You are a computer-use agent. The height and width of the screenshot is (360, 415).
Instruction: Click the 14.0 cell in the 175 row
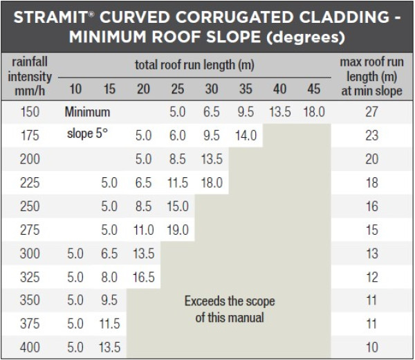[x=246, y=136]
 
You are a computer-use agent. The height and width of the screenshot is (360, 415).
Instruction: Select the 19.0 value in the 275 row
[x=178, y=230]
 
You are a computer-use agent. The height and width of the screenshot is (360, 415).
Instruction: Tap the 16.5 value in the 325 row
[x=143, y=277]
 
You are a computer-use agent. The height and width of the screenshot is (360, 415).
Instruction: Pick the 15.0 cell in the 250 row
[x=178, y=206]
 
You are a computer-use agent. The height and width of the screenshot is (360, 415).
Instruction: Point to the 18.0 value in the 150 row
[x=313, y=112]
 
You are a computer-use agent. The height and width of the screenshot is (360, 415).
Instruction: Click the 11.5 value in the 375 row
[x=109, y=324]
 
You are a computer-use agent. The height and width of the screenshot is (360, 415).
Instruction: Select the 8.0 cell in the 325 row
[x=109, y=277]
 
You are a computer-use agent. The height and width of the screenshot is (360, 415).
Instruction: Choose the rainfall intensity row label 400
[x=30, y=348]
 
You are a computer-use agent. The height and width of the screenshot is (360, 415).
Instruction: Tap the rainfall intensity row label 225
[x=30, y=183]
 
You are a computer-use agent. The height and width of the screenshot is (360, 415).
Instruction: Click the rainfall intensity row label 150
[x=30, y=112]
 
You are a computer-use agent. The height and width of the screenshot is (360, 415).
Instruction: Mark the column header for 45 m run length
[x=313, y=89]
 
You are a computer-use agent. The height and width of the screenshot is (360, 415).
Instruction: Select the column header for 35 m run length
[x=246, y=89]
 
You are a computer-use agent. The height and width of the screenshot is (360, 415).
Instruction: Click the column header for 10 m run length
[x=75, y=89]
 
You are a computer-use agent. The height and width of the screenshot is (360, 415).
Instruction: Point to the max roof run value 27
[x=371, y=112]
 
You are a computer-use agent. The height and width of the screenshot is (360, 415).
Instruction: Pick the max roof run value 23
[x=371, y=136]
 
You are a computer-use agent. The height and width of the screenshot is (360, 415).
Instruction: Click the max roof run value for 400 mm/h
[x=371, y=348]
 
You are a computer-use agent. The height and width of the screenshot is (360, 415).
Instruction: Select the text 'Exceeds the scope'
[x=230, y=301]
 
